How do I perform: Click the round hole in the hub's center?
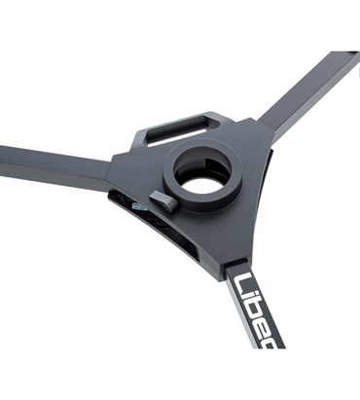(x=204, y=181)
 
